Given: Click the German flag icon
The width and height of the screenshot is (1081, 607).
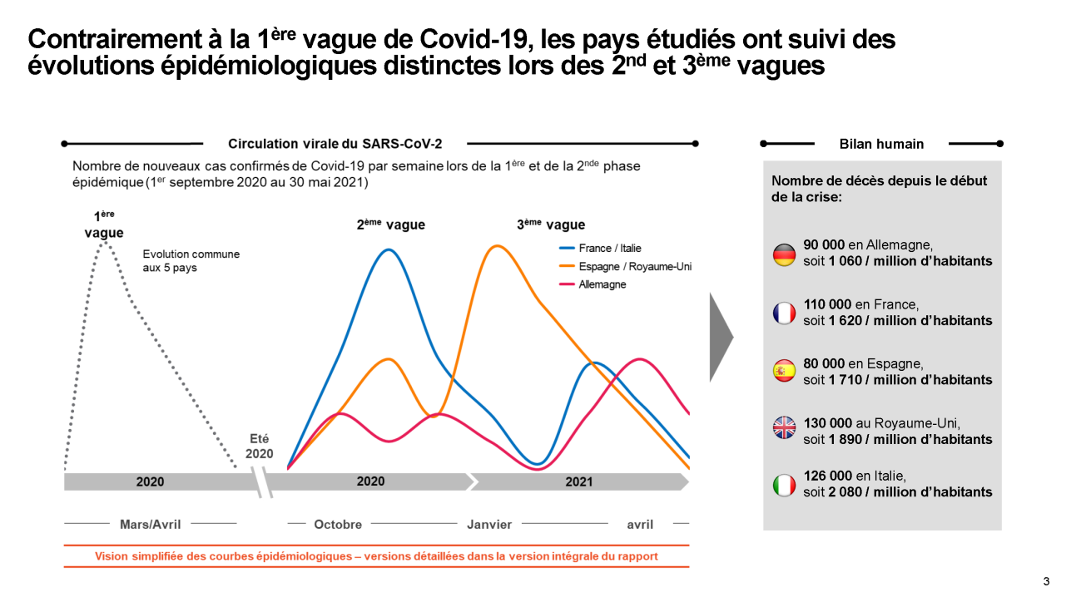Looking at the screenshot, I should (x=784, y=254).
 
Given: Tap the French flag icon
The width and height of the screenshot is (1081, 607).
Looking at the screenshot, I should (x=784, y=313).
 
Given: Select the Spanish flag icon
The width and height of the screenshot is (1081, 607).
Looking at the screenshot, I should (x=784, y=372).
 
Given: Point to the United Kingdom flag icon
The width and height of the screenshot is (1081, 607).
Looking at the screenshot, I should (x=784, y=427).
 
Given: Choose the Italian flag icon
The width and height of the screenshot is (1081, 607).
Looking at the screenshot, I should (x=784, y=485).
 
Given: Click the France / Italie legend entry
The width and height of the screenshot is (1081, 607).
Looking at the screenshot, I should (x=610, y=249).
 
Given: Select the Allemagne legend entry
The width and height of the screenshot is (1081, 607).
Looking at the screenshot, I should (x=602, y=285).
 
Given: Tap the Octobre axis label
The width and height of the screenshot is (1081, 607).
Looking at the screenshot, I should (x=338, y=525).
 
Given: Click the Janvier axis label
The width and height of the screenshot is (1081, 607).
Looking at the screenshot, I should (x=489, y=525).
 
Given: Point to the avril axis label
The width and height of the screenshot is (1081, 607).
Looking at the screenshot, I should (x=640, y=525).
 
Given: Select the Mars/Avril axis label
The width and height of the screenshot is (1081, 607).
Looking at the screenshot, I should (x=151, y=525).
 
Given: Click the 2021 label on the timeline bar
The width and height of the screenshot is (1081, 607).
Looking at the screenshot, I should (x=579, y=481).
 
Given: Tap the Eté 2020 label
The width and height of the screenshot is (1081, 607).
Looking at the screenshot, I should (x=260, y=447).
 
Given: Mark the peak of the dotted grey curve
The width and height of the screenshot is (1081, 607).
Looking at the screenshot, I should (x=104, y=244).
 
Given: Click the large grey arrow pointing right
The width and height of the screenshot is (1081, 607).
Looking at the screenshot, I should (x=721, y=337).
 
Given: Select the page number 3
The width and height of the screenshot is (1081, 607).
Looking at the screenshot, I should (x=1046, y=581).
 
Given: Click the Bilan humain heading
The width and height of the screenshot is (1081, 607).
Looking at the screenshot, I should (x=881, y=144).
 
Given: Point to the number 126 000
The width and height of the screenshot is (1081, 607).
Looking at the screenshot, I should (x=827, y=476).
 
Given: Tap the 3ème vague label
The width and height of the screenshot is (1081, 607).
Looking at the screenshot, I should (x=551, y=225).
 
